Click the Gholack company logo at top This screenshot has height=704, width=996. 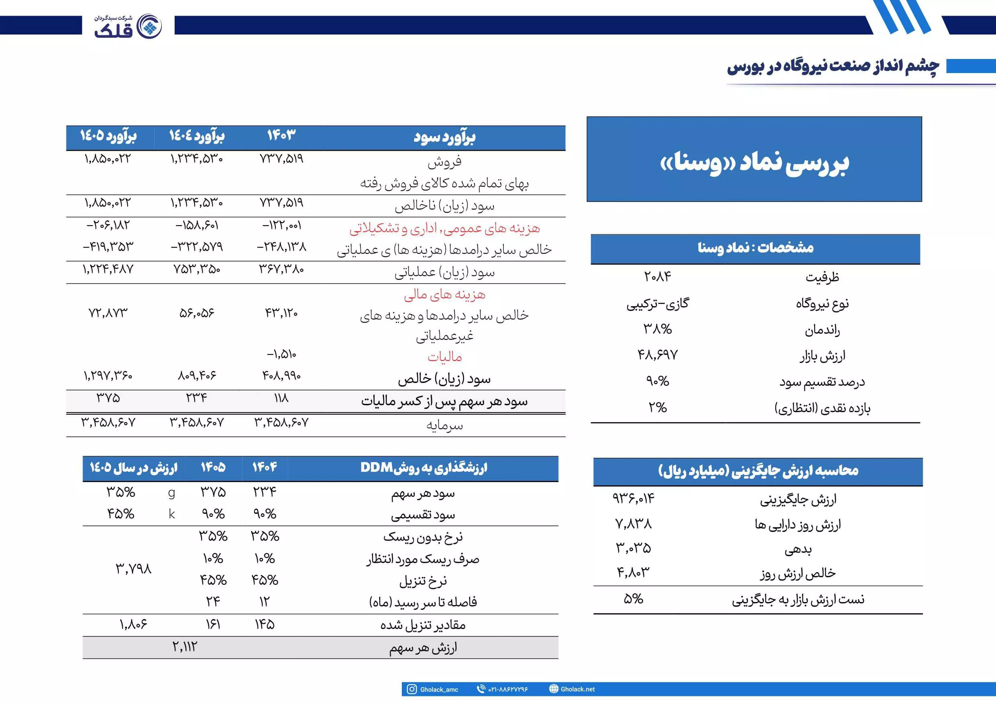[128, 26]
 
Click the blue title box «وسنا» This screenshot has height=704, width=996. [754, 159]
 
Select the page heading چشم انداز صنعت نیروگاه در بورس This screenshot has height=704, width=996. [833, 66]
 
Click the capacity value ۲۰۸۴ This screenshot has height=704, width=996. [657, 276]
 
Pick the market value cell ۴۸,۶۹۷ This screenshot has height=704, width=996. [657, 355]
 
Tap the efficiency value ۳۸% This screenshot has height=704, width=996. [657, 329]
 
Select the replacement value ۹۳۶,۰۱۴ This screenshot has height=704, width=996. [633, 498]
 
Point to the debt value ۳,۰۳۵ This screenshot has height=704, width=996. [633, 548]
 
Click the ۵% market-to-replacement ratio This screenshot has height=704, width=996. [633, 599]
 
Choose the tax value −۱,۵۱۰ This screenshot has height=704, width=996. [281, 354]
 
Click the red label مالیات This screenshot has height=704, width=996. [444, 357]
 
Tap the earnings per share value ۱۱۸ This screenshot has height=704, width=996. [281, 398]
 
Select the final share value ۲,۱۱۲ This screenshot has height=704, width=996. [185, 647]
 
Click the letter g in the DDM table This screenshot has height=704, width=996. [172, 493]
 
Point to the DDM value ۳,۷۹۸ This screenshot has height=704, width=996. [134, 568]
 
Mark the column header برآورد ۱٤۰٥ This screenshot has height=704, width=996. [108, 136]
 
